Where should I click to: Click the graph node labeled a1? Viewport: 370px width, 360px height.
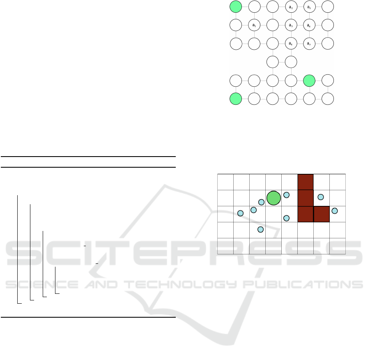pos(255,25)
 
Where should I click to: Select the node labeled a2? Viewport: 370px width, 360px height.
pos(291,7)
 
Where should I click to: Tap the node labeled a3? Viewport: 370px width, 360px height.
pos(291,25)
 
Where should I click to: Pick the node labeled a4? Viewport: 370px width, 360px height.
pos(291,44)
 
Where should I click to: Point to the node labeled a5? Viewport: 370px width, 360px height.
pos(309,7)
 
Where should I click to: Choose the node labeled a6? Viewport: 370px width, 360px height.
pos(309,25)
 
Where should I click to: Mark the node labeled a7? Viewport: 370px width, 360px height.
pos(309,44)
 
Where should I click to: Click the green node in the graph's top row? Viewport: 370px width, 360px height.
pos(236,7)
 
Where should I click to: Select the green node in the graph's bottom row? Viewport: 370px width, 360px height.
pos(236,99)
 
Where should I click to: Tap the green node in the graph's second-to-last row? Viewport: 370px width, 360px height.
pos(309,81)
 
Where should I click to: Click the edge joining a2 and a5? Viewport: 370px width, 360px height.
pos(300,7)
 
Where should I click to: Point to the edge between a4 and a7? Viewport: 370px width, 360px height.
pos(300,44)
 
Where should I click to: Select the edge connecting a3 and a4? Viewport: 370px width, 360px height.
pos(291,35)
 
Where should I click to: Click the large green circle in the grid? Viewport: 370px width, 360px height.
pos(273,198)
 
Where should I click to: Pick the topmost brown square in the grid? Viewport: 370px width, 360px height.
pos(306,182)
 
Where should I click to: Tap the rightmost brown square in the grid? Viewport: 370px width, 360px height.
pos(322,214)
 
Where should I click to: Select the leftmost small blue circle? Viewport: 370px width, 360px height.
pos(241,213)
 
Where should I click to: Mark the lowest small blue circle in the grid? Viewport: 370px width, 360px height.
pos(260,229)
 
